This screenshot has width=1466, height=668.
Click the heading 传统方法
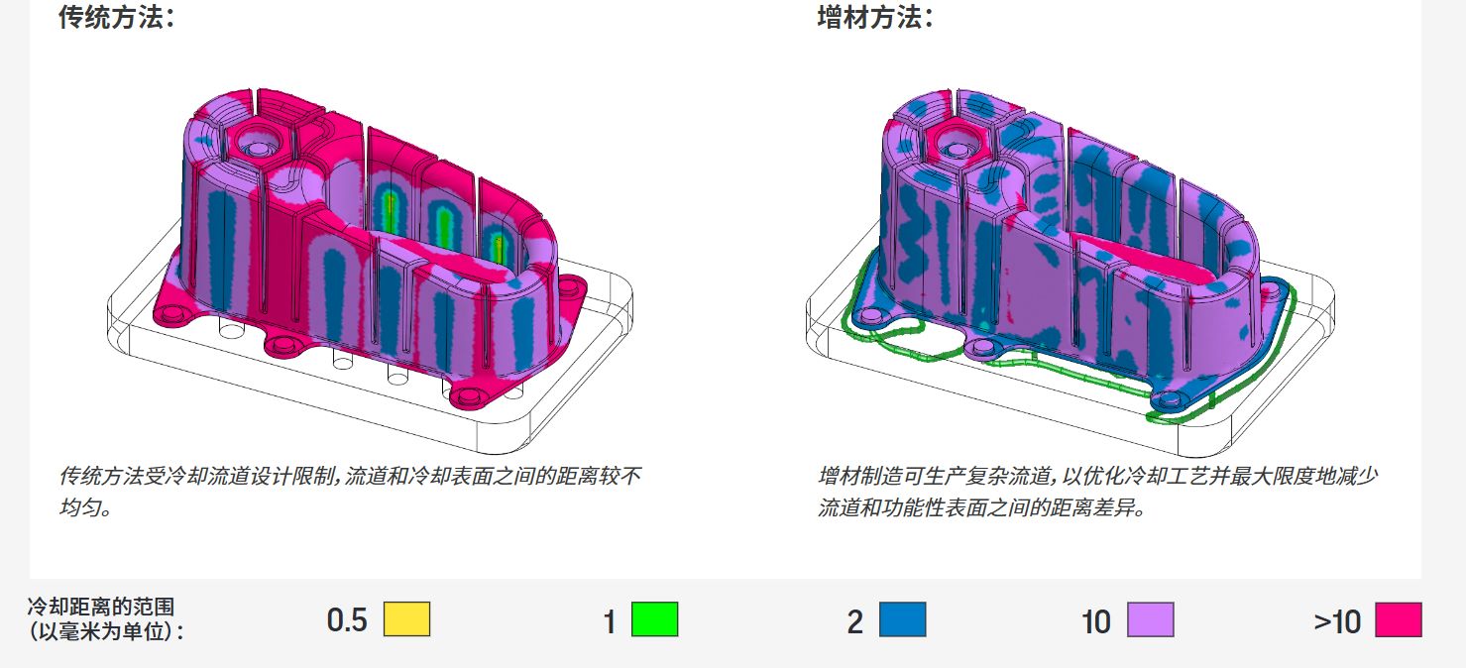tap(116, 18)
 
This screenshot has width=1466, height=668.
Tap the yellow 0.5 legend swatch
tap(406, 619)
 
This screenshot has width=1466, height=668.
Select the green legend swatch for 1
tap(654, 619)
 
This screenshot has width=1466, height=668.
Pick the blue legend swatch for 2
tap(902, 619)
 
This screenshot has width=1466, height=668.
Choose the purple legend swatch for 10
tap(1150, 619)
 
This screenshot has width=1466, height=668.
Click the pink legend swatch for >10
tap(1398, 619)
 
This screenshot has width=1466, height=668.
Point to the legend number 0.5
tap(347, 621)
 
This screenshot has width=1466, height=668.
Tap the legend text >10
tap(1337, 621)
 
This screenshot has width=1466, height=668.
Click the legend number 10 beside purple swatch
tap(1096, 621)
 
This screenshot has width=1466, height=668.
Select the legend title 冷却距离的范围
tap(100, 607)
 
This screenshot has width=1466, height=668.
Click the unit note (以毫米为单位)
tap(105, 630)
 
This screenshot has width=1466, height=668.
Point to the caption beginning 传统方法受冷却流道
tap(350, 477)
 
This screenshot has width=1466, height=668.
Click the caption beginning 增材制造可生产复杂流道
tap(1097, 477)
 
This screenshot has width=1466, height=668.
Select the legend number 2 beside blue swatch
tap(854, 621)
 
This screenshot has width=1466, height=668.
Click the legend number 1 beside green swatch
tap(610, 621)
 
